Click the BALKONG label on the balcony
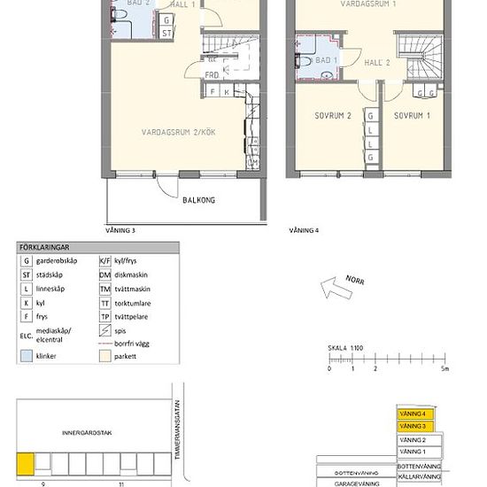point(198,200)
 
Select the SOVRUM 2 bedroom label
point(333,116)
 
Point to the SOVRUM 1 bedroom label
point(412,116)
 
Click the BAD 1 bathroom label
point(326,60)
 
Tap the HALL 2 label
point(377,63)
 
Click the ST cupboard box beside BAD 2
point(166,33)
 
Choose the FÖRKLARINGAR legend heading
point(46,249)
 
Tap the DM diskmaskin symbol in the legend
point(104,275)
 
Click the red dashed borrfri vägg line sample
point(104,342)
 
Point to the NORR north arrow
point(336,285)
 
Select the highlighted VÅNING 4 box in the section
point(417,414)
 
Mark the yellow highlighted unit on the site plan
point(27,463)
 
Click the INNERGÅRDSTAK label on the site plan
point(86,433)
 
